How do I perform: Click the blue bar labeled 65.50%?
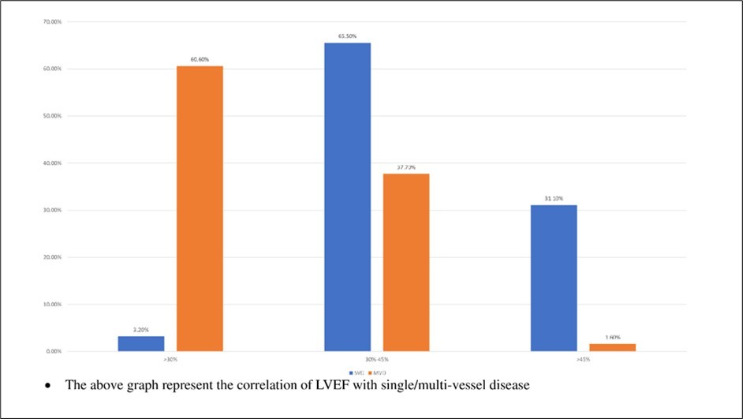(347, 197)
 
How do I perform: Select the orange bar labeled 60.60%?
(200, 208)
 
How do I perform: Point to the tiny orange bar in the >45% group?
(612, 347)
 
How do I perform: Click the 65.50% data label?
(347, 36)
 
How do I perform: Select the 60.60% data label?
(200, 59)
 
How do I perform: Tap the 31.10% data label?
(553, 198)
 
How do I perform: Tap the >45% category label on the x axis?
(583, 359)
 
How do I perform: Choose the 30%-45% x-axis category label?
(376, 359)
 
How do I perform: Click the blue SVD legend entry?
(353, 372)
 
